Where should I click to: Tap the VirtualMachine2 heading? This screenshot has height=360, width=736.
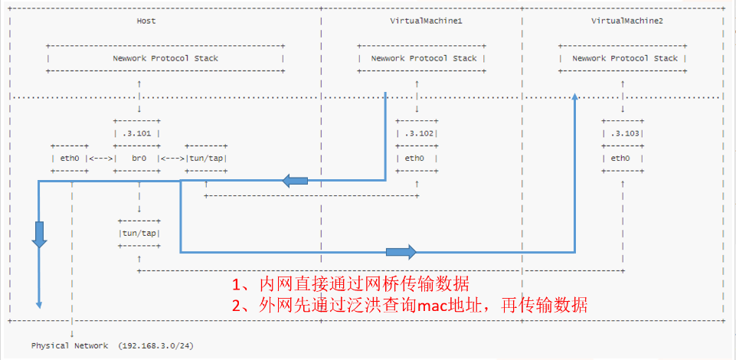pyautogui.click(x=626, y=21)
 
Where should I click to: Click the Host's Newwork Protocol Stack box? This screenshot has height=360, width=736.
pyautogui.click(x=165, y=58)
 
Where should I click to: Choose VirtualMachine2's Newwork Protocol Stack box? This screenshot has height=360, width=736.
pyautogui.click(x=623, y=58)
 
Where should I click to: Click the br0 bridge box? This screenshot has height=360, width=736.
pyautogui.click(x=138, y=159)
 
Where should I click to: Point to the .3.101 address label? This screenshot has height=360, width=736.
pyautogui.click(x=138, y=133)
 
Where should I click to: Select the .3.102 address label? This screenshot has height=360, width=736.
pyautogui.click(x=417, y=133)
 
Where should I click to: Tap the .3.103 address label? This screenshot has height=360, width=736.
pyautogui.click(x=623, y=133)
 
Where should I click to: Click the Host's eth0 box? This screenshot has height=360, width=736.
pyautogui.click(x=70, y=159)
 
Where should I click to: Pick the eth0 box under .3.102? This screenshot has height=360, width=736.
pyautogui.click(x=416, y=159)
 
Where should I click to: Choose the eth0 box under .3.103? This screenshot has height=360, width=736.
pyautogui.click(x=622, y=159)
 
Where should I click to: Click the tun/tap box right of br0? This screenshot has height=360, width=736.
pyautogui.click(x=206, y=159)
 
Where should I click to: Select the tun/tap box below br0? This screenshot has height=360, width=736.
pyautogui.click(x=139, y=233)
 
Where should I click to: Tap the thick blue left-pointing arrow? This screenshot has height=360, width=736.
pyautogui.click(x=295, y=181)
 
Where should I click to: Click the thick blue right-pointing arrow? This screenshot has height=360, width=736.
pyautogui.click(x=401, y=251)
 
